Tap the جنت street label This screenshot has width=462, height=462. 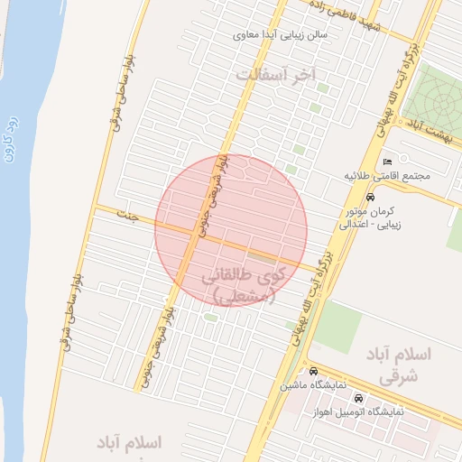click(x=134, y=217)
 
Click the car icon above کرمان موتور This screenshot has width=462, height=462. click(x=370, y=197)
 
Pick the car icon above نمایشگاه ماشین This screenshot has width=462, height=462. click(x=313, y=372)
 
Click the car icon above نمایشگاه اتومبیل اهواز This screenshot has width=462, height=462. click(x=359, y=398)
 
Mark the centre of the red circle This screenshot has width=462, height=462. click(x=231, y=230)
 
